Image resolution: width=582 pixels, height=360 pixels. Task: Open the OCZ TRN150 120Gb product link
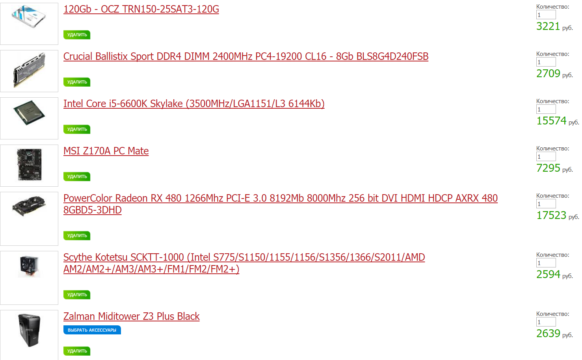141,9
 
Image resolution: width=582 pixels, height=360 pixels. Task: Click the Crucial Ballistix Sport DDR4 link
246,57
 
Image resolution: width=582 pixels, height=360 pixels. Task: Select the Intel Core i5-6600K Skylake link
194,104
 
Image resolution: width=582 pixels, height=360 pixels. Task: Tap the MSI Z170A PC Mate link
106,151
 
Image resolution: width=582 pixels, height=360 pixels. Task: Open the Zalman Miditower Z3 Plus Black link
132,317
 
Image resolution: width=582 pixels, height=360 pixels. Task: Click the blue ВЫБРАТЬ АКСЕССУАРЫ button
92,330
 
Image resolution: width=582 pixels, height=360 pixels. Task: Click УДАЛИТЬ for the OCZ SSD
77,35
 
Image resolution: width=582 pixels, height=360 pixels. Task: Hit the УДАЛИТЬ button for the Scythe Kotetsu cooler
77,295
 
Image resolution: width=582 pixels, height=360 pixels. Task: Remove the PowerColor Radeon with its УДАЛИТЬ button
77,236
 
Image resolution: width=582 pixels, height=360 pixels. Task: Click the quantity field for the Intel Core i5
546,109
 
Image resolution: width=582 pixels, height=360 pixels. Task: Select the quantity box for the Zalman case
546,322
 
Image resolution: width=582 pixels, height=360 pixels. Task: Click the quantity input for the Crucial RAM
546,62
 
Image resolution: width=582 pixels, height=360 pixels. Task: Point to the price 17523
551,215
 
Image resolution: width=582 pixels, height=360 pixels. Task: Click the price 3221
548,26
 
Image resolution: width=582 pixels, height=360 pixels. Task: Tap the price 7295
548,168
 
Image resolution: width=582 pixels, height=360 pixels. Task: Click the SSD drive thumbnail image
29,17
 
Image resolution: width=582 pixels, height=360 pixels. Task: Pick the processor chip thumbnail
29,113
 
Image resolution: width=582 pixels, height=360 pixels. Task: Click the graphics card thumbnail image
29,206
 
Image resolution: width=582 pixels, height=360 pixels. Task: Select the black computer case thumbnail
29,330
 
